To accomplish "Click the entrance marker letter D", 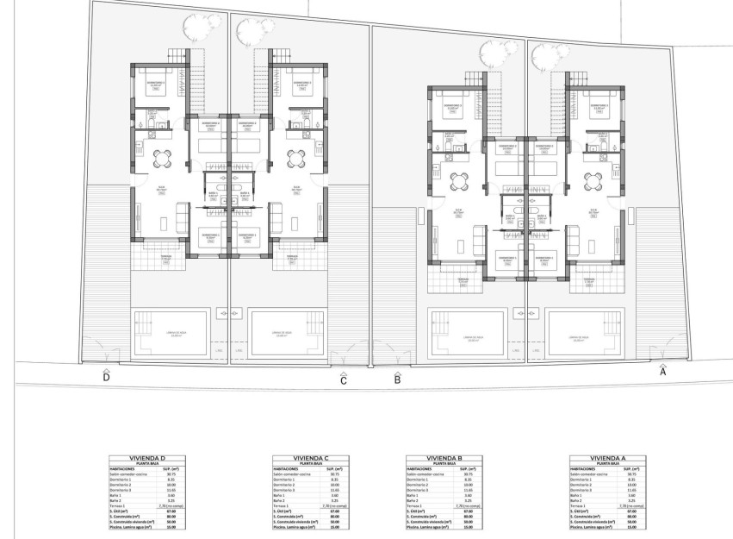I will coord(106,378).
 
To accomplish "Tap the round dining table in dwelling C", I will coord(296,156).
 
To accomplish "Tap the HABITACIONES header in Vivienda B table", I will coord(423,468).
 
